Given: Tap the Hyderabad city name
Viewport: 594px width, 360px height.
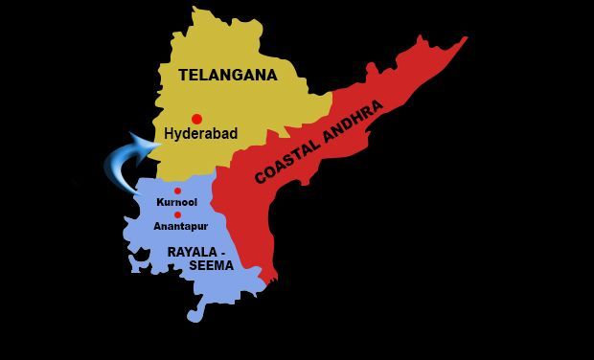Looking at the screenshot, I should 201,134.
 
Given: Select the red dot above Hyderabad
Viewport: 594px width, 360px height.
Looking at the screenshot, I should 196,119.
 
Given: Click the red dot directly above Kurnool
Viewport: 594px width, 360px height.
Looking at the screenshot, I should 177,191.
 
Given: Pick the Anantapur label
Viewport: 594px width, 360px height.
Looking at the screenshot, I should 180,226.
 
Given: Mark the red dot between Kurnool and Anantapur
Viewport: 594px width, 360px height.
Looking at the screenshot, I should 177,215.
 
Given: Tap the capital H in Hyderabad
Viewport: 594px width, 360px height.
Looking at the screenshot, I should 170,134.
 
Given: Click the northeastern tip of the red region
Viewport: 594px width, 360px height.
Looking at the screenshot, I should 466,39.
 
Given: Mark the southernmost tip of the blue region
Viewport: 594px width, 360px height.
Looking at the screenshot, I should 196,317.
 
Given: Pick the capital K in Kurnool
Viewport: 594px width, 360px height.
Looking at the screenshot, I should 158,204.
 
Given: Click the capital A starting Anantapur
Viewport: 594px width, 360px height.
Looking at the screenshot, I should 157,226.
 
